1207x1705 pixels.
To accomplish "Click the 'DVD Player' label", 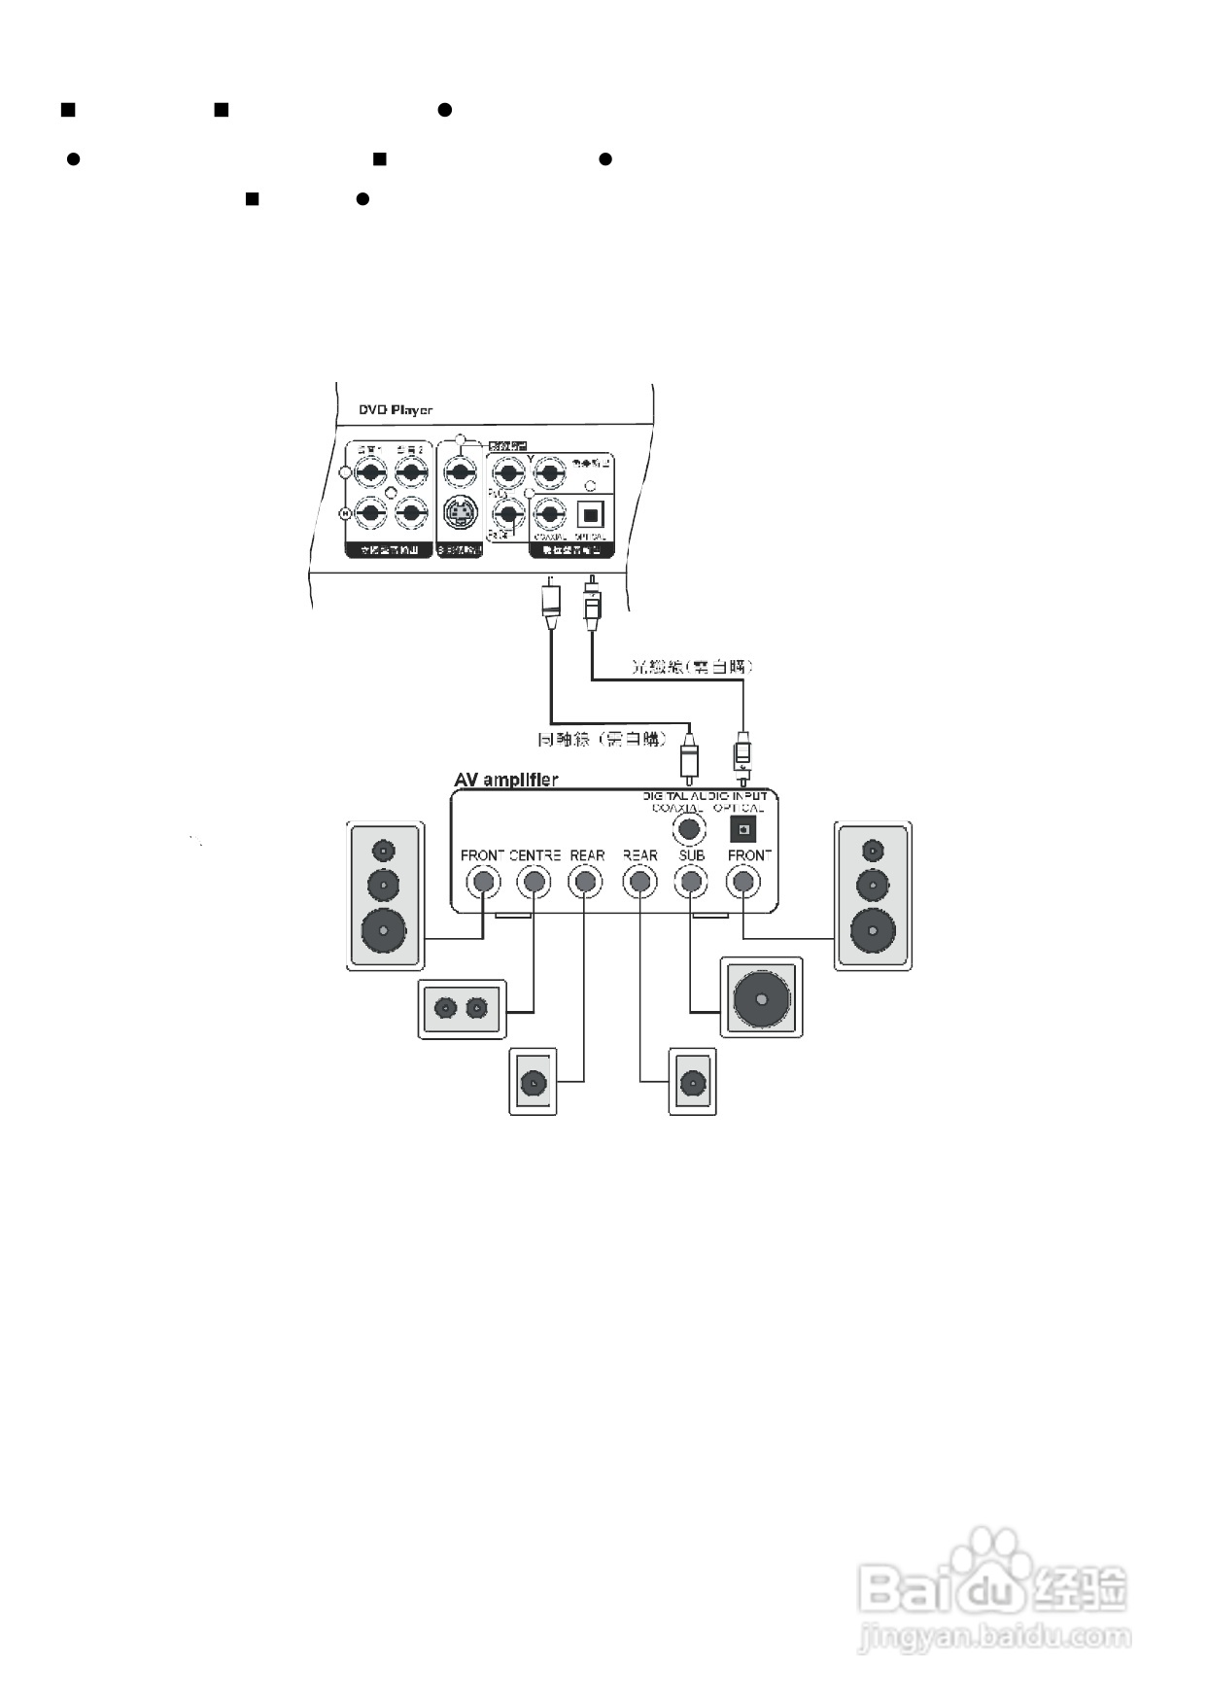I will click(x=395, y=410).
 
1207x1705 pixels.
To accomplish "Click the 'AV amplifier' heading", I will click(x=506, y=780).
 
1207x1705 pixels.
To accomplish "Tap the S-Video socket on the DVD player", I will click(x=459, y=511).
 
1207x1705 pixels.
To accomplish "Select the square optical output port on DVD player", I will click(x=591, y=512).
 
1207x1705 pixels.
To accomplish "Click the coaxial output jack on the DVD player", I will click(x=550, y=513).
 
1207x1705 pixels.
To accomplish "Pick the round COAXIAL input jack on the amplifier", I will click(x=689, y=829).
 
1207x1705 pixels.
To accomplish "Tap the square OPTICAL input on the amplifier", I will click(x=743, y=829).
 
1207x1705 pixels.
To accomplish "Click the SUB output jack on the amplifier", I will click(x=691, y=882).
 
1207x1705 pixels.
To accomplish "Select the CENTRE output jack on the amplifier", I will click(x=533, y=882).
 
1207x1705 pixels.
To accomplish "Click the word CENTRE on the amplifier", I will click(x=535, y=855).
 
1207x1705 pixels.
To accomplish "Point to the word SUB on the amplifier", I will click(x=692, y=855).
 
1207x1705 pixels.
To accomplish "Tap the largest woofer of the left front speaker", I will click(x=385, y=930).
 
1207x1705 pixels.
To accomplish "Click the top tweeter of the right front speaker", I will click(x=873, y=852).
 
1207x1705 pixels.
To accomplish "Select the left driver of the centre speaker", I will click(x=446, y=1008).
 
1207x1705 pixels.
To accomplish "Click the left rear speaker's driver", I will click(x=533, y=1082).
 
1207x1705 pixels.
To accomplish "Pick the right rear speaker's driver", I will click(x=692, y=1082).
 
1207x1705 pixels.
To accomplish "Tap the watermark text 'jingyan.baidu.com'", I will click(x=994, y=1638).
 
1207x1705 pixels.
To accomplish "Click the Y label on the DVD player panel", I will click(x=531, y=458).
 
